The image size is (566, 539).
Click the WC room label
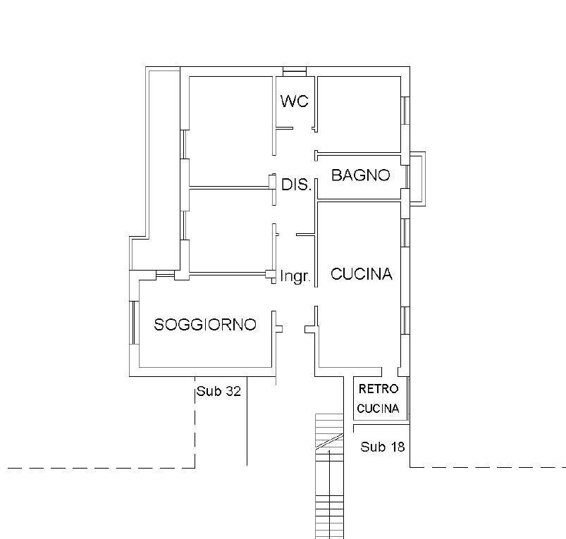294,101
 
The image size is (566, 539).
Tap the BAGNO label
361,175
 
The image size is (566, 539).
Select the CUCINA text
362,274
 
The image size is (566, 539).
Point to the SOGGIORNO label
205,324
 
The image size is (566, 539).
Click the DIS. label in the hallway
296,185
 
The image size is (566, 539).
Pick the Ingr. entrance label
295,276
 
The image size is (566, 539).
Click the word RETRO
379,389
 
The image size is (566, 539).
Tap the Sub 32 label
219,391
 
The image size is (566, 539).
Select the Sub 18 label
382,447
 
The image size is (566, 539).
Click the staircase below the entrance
329,476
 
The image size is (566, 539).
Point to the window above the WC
295,71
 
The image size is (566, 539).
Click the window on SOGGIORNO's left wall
134,323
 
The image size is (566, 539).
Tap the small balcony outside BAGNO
418,179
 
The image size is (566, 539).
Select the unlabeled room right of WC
359,114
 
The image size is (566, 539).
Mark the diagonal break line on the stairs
329,441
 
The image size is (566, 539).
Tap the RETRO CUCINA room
381,398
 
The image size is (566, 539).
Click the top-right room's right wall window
406,111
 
